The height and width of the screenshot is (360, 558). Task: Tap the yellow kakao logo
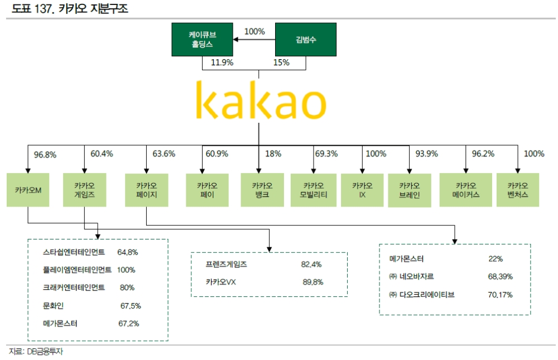click(261, 102)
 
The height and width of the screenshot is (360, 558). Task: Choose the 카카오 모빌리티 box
click(314, 190)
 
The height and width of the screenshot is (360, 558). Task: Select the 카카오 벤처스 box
click(517, 190)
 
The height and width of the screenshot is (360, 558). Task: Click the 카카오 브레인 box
click(409, 190)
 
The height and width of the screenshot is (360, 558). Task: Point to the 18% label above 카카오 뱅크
click(273, 154)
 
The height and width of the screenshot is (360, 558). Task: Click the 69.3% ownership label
click(326, 154)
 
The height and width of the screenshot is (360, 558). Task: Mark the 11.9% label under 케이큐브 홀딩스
click(222, 63)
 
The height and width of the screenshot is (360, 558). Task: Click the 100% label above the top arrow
click(254, 32)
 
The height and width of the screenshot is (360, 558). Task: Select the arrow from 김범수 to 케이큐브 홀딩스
click(254, 40)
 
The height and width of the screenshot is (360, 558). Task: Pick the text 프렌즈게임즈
click(227, 264)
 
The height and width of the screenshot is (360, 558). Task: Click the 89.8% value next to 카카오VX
click(313, 282)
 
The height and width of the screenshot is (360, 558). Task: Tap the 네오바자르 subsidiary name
click(415, 276)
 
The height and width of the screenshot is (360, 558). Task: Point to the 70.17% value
click(500, 294)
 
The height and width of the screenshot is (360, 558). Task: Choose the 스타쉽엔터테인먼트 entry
click(77, 252)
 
